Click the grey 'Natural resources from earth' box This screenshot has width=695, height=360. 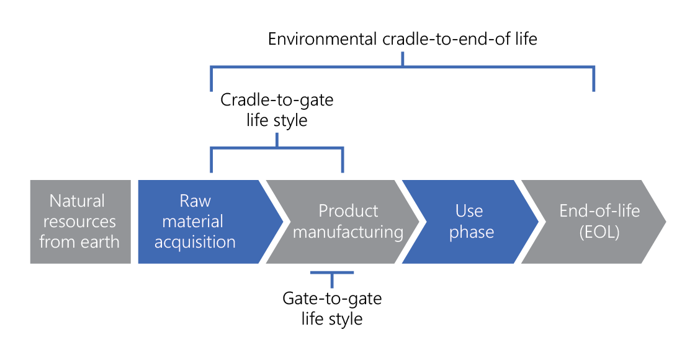click(80, 222)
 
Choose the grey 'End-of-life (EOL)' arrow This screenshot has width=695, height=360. click(593, 222)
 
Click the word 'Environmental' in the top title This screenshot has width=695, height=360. click(321, 39)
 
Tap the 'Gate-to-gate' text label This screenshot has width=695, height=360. click(332, 299)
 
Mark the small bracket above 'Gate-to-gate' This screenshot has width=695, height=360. click(332, 272)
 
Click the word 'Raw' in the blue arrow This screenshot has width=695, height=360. click(195, 201)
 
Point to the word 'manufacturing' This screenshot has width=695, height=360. click(348, 232)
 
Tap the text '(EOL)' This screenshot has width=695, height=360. click(599, 232)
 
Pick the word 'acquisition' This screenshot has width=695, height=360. click(195, 242)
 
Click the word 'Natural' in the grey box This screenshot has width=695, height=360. click(78, 201)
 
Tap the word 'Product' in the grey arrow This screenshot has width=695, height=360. click(348, 211)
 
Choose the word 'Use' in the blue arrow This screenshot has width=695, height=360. click(469, 211)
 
